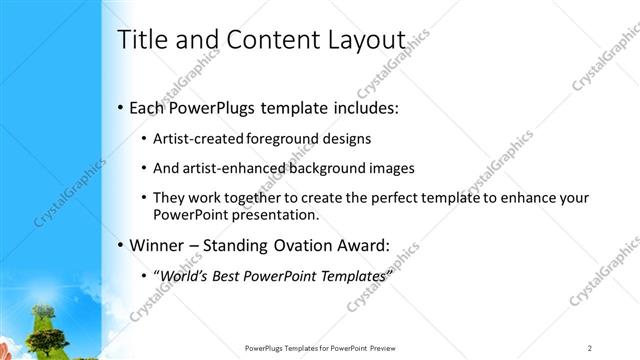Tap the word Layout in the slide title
click(x=372, y=40)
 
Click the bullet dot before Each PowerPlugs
click(x=121, y=106)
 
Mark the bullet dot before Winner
click(x=121, y=245)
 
